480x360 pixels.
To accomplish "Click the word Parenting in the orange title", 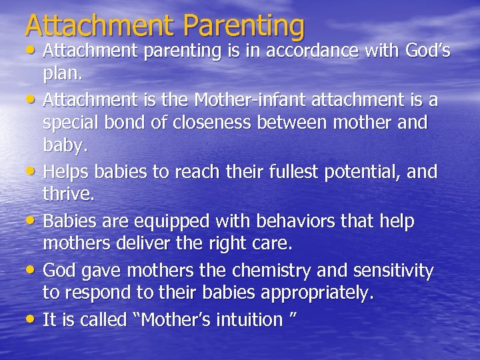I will tap(243, 25).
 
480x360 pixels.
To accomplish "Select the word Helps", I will tap(66, 172).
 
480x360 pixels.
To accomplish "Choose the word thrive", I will tap(69, 195).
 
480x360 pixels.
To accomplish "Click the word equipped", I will tap(168, 221).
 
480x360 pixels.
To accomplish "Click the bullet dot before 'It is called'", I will tap(31, 319).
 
